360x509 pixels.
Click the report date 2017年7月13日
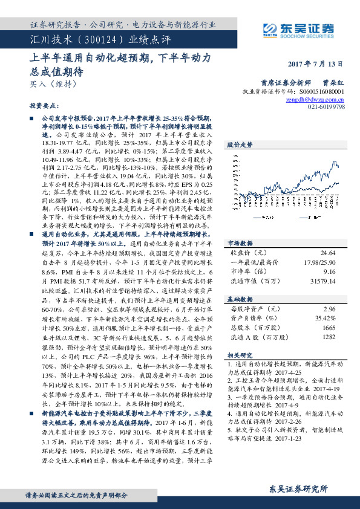(314, 63)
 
